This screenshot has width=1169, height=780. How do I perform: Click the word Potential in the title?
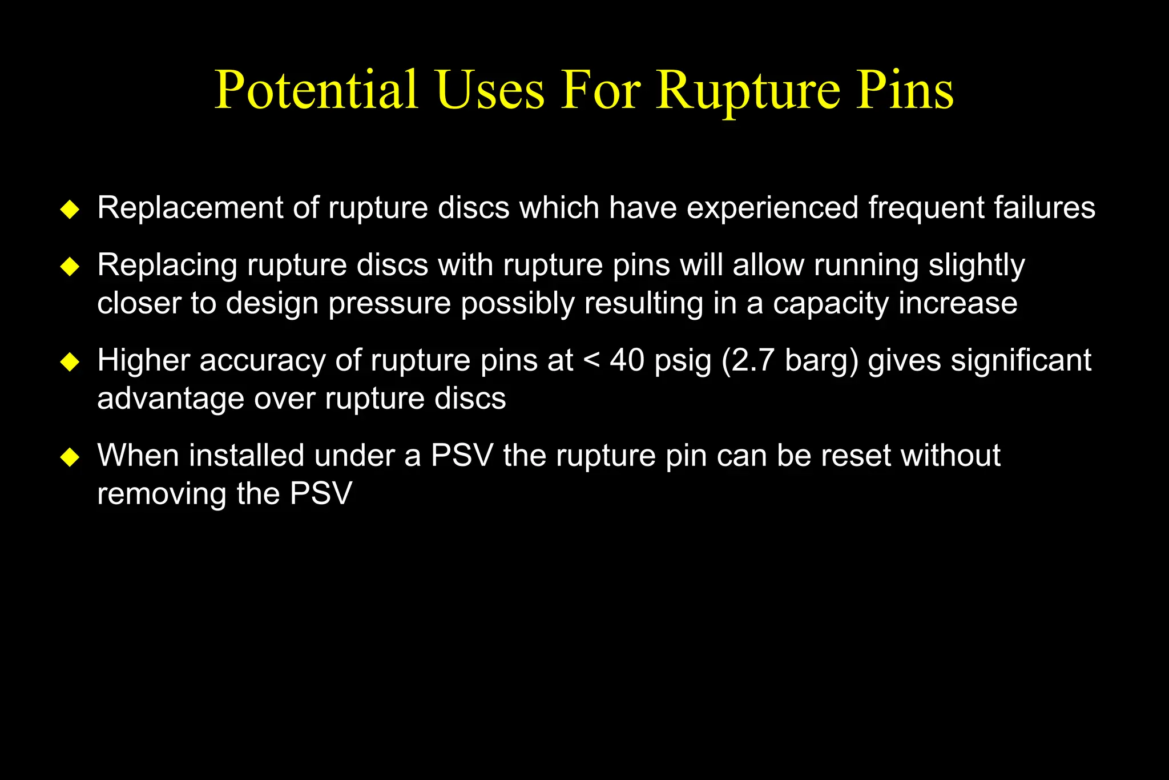pyautogui.click(x=316, y=90)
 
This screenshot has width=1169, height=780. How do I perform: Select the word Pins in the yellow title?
pyautogui.click(x=904, y=90)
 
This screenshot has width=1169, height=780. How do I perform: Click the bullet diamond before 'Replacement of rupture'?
pyautogui.click(x=70, y=209)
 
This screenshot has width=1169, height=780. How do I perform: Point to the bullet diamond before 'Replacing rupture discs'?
pyautogui.click(x=70, y=266)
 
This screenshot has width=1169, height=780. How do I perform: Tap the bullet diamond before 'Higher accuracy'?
pyautogui.click(x=70, y=361)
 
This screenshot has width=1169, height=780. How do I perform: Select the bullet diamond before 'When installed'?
pyautogui.click(x=70, y=457)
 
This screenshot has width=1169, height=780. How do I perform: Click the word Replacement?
pyautogui.click(x=190, y=207)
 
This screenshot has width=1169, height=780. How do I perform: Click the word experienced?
pyautogui.click(x=772, y=208)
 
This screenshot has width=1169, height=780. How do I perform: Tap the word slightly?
pyautogui.click(x=977, y=266)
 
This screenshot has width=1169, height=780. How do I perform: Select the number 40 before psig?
pyautogui.click(x=627, y=360)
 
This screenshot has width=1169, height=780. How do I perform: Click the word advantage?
pyautogui.click(x=171, y=399)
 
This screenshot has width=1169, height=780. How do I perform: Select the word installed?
pyautogui.click(x=247, y=456)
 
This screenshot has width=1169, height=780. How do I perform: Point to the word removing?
pyautogui.click(x=162, y=494)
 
